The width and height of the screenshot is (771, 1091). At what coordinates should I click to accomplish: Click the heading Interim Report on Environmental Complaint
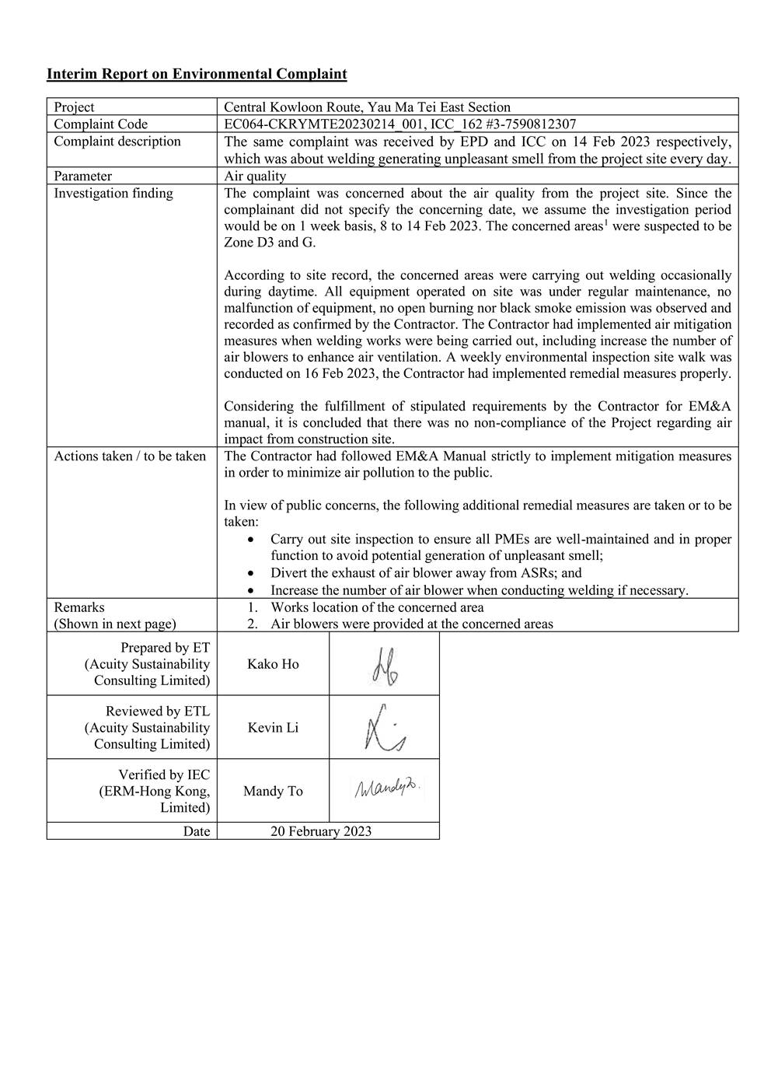tap(197, 74)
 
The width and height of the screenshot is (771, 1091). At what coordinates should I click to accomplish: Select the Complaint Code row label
tap(100, 124)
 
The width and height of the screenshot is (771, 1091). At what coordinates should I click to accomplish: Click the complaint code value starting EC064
tap(399, 124)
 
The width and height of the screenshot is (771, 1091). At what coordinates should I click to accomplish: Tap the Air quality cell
tap(255, 177)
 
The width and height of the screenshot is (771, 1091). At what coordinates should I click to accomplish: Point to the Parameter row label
tap(82, 177)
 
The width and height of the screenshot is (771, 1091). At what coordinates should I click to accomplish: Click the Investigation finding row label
tap(113, 194)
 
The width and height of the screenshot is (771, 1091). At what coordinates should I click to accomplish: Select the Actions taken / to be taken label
tap(130, 456)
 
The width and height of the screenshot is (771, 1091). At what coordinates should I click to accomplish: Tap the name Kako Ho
tap(273, 664)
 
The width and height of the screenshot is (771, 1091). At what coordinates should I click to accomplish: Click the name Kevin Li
tap(273, 728)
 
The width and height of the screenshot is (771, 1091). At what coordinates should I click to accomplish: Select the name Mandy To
tap(273, 792)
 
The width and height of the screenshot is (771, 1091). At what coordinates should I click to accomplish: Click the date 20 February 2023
tap(321, 831)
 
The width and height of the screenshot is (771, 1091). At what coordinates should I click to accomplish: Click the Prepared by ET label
tap(165, 648)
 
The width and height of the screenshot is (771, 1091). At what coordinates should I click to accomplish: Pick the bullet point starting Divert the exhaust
tap(426, 573)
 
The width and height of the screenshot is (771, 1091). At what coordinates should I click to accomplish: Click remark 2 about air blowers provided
tap(412, 624)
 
